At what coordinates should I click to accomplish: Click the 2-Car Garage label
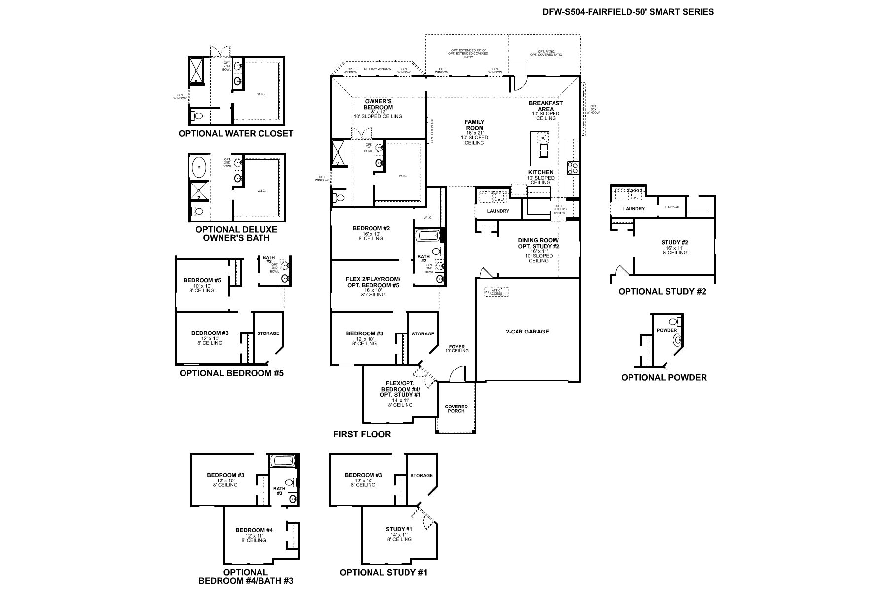tap(527, 332)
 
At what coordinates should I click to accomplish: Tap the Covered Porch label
tap(456, 409)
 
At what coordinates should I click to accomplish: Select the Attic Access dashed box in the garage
tap(496, 292)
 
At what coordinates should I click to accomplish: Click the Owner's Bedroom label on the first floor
tap(378, 104)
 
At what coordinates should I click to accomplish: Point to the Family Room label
tap(474, 125)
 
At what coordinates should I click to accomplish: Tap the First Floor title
tap(362, 434)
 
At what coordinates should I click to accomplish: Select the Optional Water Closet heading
tap(235, 133)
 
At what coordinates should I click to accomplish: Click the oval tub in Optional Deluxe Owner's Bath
tap(200, 168)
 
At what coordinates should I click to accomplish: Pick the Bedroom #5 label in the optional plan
tap(202, 280)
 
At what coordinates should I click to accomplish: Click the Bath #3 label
tap(279, 491)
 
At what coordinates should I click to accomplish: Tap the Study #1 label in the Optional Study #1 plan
tap(399, 529)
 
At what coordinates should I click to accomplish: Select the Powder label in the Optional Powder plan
tap(666, 330)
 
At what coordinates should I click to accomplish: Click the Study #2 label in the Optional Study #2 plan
tap(674, 242)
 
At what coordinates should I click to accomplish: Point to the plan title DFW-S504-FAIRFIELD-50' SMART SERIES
tap(628, 12)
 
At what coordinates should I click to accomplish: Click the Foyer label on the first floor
tap(457, 347)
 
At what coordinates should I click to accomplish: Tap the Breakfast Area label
tap(546, 106)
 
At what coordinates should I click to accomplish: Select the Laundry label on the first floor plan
tap(498, 211)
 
